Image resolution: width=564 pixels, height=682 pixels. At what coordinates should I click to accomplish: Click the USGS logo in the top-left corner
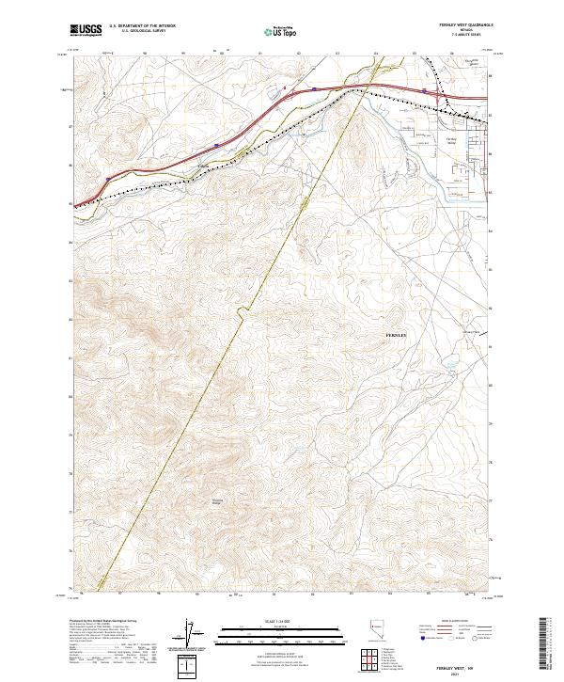[x=86, y=30]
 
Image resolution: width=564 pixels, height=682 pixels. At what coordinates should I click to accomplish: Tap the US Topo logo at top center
[x=279, y=32]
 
